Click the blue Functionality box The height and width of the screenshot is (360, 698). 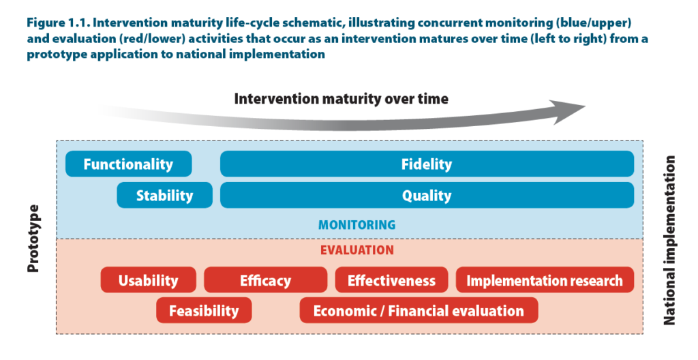pyautogui.click(x=129, y=164)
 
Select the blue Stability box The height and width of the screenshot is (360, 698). pyautogui.click(x=165, y=195)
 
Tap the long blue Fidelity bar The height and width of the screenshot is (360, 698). pyautogui.click(x=427, y=164)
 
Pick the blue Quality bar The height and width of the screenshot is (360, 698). pyautogui.click(x=427, y=195)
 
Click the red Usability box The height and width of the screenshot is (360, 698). pyautogui.click(x=148, y=280)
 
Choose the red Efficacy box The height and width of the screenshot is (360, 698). pyautogui.click(x=265, y=280)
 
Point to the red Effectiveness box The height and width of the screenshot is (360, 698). pyautogui.click(x=391, y=280)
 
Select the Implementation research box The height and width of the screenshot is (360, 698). pyautogui.click(x=545, y=280)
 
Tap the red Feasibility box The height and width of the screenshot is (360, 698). pyautogui.click(x=204, y=310)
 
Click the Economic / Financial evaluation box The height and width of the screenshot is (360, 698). pyautogui.click(x=419, y=310)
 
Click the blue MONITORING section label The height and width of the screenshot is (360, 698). pyautogui.click(x=357, y=224)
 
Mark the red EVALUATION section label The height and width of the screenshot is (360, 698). pyautogui.click(x=357, y=250)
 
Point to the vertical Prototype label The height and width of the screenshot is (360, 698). pyautogui.click(x=33, y=239)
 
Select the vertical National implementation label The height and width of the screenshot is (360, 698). pyautogui.click(x=669, y=240)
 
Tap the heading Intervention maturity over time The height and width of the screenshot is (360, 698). pyautogui.click(x=342, y=98)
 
